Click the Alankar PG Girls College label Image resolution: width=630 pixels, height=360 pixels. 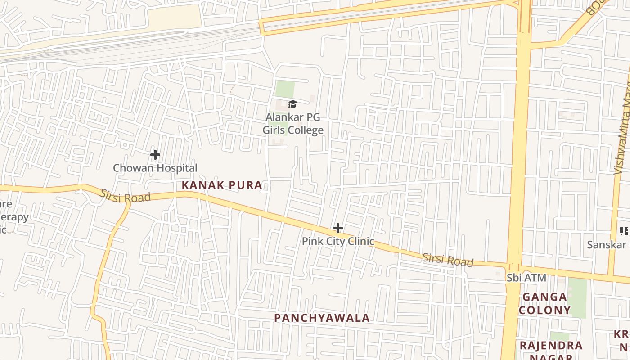[293, 124]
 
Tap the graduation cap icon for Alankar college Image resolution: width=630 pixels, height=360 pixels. [293, 104]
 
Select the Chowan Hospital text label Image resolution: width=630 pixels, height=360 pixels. [155, 168]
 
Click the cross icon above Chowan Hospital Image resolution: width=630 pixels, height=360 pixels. [155, 155]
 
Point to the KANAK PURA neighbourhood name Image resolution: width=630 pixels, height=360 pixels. [222, 185]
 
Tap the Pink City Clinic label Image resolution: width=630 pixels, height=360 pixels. [338, 241]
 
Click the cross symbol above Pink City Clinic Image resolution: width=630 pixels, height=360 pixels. [338, 228]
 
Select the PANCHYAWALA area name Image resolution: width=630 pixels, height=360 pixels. [322, 318]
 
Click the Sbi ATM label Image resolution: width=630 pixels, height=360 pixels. [526, 278]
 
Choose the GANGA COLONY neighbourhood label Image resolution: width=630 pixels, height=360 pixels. [544, 303]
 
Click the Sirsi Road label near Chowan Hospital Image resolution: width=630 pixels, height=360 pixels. [125, 196]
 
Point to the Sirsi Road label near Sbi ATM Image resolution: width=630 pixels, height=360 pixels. [448, 260]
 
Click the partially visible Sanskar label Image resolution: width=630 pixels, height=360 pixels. [608, 245]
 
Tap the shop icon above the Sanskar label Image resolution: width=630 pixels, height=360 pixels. [624, 231]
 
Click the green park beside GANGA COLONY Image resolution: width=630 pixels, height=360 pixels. [577, 297]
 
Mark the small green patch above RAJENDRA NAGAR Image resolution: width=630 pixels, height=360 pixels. [559, 336]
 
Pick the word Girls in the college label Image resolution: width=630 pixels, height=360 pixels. [275, 130]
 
